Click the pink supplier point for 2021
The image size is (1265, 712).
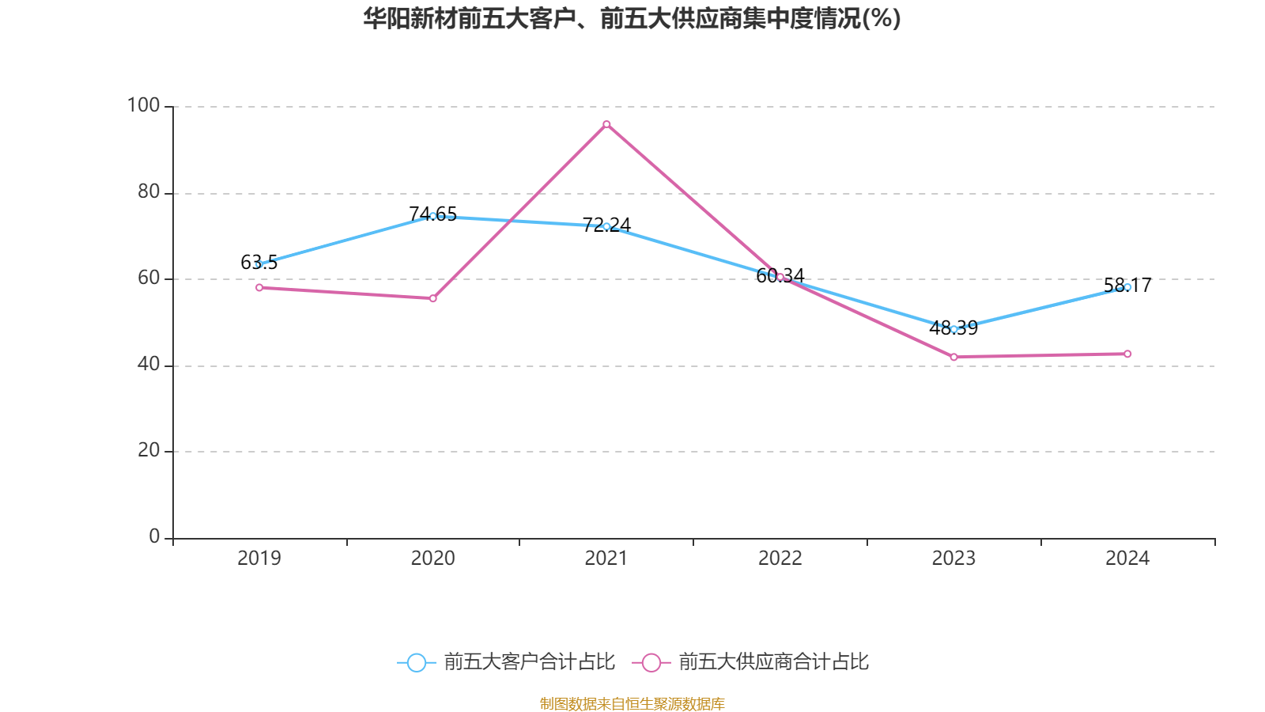pyautogui.click(x=606, y=124)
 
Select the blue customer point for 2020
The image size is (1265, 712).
pyautogui.click(x=432, y=216)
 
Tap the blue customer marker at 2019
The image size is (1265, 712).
pyautogui.click(x=259, y=264)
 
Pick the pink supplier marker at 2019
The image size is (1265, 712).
pyautogui.click(x=259, y=287)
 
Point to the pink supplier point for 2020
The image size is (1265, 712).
pyautogui.click(x=432, y=298)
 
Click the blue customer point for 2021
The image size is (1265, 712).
pyautogui.click(x=606, y=226)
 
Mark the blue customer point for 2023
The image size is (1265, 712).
pyautogui.click(x=953, y=329)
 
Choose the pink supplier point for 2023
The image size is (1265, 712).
pyautogui.click(x=953, y=357)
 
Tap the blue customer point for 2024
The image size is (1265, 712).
pyautogui.click(x=1127, y=287)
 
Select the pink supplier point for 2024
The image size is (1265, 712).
pyautogui.click(x=1127, y=354)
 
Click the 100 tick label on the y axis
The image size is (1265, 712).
pyautogui.click(x=143, y=105)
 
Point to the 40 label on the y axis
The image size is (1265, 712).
pyautogui.click(x=148, y=365)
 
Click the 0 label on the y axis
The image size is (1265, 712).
pyautogui.click(x=154, y=537)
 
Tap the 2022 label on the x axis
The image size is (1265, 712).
pyautogui.click(x=780, y=559)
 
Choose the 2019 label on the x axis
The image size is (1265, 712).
pyautogui.click(x=259, y=559)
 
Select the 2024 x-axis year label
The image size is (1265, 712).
pyautogui.click(x=1127, y=559)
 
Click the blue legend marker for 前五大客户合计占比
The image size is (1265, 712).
pyautogui.click(x=416, y=662)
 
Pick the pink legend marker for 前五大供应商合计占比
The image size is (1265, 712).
pyautogui.click(x=651, y=662)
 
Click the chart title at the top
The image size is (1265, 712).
pyautogui.click(x=632, y=18)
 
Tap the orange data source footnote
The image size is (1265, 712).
pyautogui.click(x=632, y=703)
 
